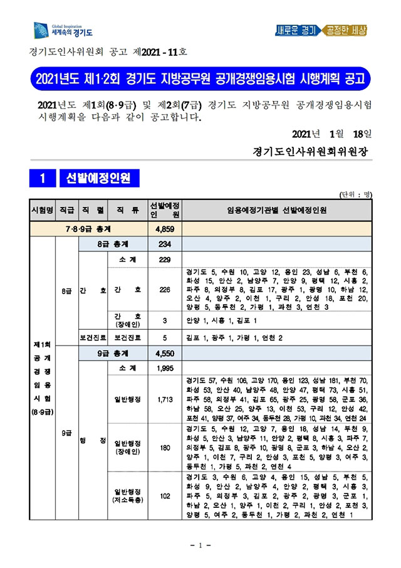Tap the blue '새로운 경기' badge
click(296, 30)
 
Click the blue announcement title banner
click(200, 80)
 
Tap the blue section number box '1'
click(42, 179)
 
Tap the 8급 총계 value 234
click(164, 245)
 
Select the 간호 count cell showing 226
click(164, 289)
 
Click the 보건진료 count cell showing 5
click(164, 337)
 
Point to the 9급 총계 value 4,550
click(164, 353)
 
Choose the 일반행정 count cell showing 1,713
click(164, 398)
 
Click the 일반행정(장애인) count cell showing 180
click(164, 447)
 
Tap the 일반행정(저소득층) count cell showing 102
click(164, 496)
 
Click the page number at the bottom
click(200, 547)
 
